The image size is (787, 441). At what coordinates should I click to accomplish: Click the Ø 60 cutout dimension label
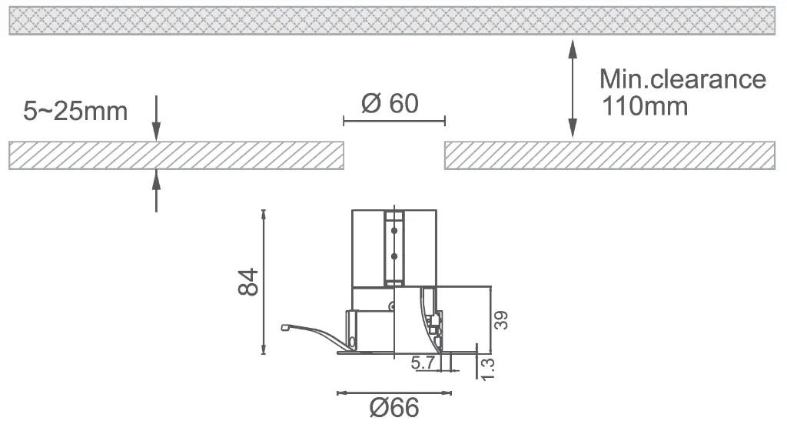click(390, 104)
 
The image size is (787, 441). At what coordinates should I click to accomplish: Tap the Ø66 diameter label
click(394, 407)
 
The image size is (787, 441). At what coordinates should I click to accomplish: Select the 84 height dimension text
click(248, 282)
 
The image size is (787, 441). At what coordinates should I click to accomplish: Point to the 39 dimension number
click(501, 320)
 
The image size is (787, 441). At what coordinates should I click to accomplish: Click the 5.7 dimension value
click(423, 362)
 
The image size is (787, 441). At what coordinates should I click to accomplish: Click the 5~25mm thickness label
click(75, 111)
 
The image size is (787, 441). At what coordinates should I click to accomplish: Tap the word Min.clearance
click(682, 79)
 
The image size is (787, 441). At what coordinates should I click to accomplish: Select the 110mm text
click(645, 106)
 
